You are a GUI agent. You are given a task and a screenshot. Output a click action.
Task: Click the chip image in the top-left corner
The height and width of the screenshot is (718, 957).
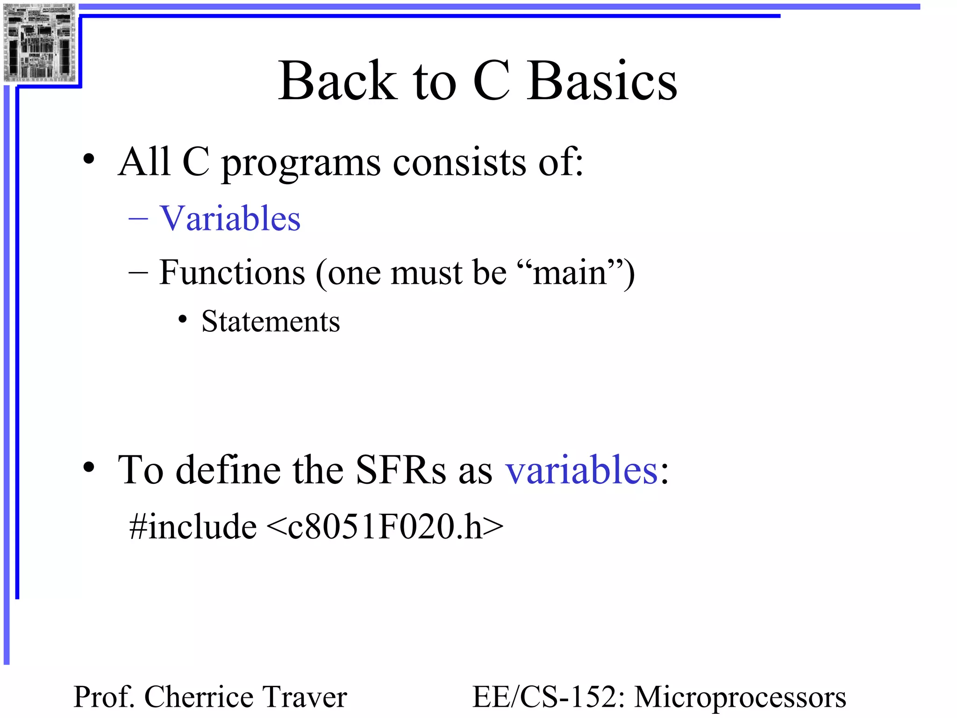(39, 42)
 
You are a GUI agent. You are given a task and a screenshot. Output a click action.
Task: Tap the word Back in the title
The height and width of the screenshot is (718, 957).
(337, 82)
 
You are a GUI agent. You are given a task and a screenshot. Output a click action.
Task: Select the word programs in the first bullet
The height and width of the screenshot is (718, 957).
(300, 164)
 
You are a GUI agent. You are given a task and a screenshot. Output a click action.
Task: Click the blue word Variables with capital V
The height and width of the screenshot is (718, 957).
(230, 218)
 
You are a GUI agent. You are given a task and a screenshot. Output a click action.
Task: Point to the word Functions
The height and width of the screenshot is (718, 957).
(232, 272)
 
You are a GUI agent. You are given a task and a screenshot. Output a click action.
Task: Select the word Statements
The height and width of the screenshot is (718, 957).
(271, 322)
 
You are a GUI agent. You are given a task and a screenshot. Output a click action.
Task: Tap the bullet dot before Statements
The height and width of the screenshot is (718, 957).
(183, 320)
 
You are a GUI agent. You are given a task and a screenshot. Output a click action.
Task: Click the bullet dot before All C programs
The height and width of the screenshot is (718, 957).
(89, 160)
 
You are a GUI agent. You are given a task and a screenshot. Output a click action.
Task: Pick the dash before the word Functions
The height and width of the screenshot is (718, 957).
(138, 272)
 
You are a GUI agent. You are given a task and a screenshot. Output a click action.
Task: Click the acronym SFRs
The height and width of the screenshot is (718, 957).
(400, 470)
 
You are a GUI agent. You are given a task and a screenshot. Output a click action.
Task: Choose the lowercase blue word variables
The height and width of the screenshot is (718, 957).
(582, 470)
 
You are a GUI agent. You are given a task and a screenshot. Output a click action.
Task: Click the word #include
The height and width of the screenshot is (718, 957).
(193, 527)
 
